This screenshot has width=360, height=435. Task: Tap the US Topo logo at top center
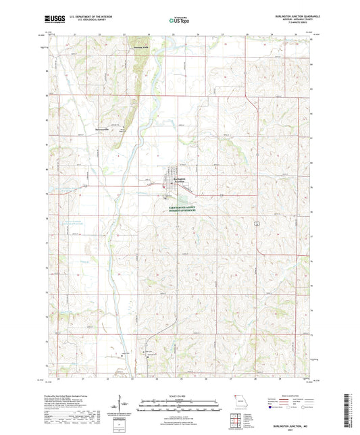click(178, 20)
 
